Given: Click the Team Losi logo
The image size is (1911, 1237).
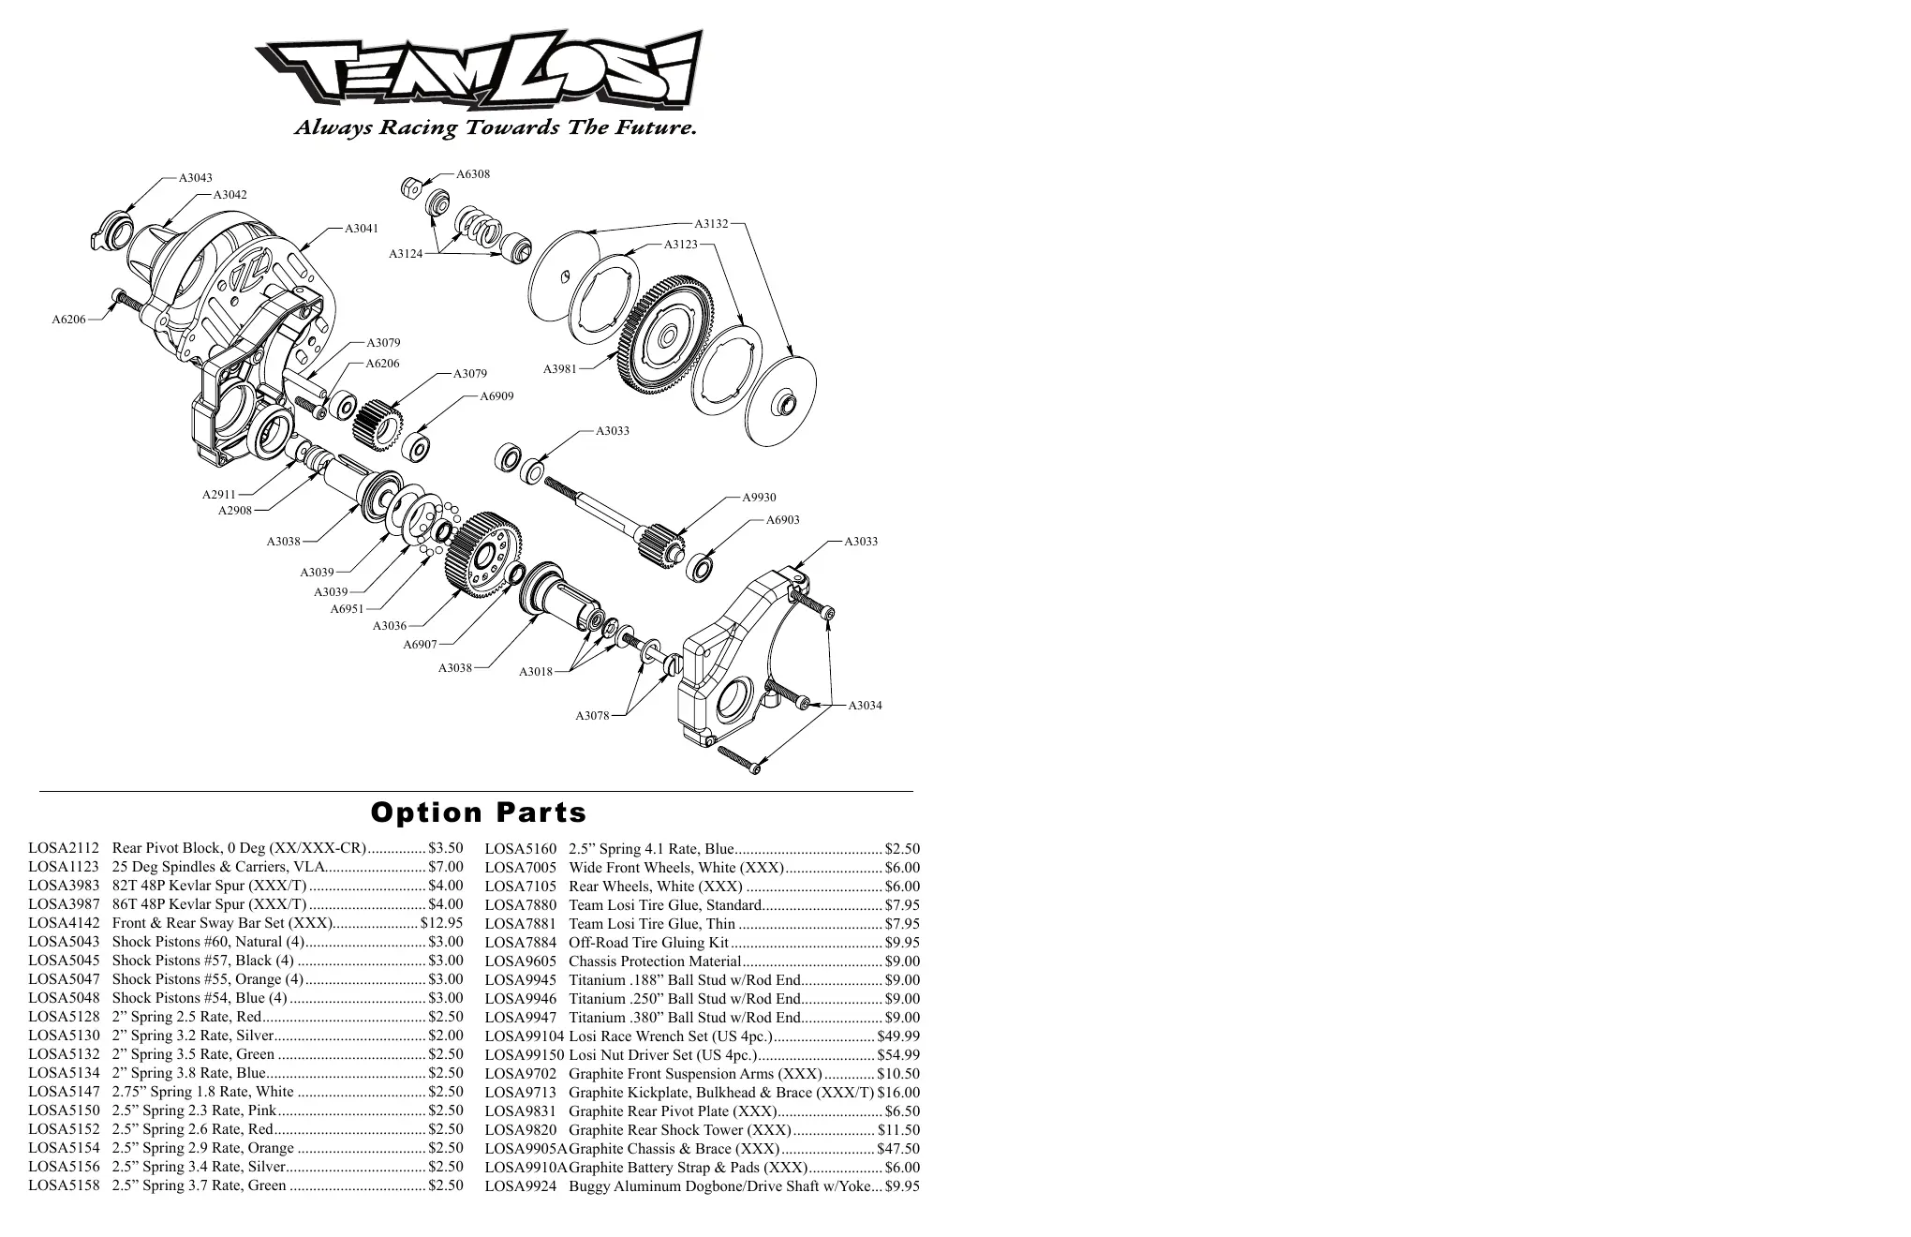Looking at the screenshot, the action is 479,69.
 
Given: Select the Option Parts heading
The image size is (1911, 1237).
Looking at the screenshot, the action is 479,812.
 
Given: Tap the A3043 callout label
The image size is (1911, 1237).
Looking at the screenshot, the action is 196,178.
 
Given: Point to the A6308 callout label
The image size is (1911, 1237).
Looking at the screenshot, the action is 473,174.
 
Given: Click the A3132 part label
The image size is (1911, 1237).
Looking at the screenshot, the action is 711,224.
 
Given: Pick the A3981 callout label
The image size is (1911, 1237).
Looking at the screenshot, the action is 560,369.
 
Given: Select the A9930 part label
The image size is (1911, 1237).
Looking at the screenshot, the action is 759,498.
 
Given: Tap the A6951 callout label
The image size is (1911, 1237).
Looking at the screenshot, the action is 347,609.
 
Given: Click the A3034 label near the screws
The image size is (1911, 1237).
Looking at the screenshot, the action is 865,706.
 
